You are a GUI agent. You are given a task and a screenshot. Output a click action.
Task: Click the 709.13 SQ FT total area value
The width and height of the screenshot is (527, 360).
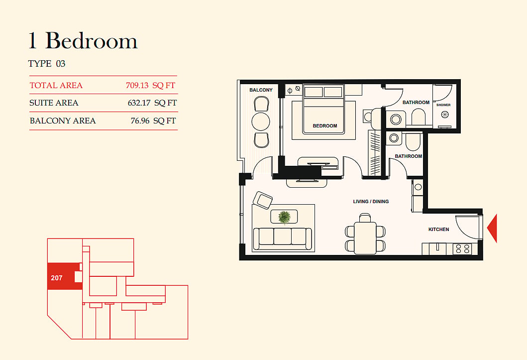coord(151,85)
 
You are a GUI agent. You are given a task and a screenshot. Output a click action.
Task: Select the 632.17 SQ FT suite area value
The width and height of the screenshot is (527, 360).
coord(152,103)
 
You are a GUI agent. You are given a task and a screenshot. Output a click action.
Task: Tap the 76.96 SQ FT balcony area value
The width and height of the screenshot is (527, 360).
coord(153,120)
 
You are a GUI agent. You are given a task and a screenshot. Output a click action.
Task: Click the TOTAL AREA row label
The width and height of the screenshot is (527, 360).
coord(56,85)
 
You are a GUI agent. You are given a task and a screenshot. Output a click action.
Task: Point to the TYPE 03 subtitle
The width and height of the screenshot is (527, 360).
coord(47,64)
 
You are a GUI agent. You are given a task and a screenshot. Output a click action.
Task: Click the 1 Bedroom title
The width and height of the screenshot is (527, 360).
coord(83,41)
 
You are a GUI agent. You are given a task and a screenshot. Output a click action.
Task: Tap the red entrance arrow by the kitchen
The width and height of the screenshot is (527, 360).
coord(492,228)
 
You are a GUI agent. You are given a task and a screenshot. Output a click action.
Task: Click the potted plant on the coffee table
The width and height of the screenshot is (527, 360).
coord(284,217)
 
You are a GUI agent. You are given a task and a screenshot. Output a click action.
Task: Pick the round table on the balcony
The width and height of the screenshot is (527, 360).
coord(260,121)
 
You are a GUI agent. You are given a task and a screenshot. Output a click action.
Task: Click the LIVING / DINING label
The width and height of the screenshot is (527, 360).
coord(371,201)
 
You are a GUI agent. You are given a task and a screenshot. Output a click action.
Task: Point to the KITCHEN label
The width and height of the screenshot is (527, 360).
coord(438,229)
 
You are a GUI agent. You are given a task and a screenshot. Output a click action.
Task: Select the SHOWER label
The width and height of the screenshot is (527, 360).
coord(443,105)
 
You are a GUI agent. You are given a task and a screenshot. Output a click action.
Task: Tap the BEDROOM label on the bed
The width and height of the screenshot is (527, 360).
coord(324,125)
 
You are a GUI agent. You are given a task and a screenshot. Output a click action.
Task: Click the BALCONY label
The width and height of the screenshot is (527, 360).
coord(261,90)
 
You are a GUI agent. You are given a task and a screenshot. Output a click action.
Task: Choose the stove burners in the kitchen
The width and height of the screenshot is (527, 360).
coord(462,249)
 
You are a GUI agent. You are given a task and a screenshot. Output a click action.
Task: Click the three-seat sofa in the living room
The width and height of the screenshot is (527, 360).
coord(282,239)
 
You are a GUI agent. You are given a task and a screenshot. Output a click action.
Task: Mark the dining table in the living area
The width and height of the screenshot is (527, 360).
coord(365,238)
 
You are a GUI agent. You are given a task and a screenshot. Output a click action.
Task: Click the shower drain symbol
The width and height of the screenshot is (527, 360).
coord(444,115)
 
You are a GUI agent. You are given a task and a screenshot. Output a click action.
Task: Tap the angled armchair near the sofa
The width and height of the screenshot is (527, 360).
coord(263,200)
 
